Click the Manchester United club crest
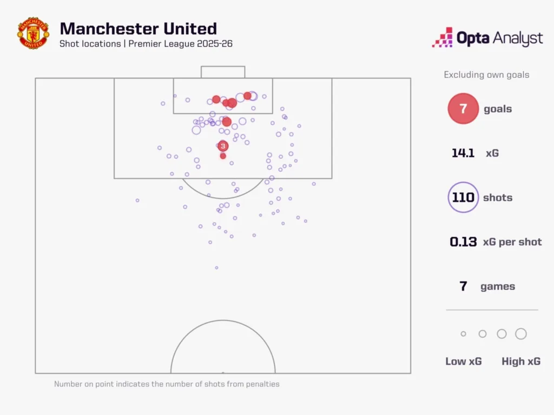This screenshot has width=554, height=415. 33,34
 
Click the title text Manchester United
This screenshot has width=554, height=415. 138,29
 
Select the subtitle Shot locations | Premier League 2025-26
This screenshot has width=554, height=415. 146,44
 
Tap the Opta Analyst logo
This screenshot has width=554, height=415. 487,38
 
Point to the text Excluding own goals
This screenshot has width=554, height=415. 486,75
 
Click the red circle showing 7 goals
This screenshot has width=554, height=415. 463,109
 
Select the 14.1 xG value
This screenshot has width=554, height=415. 463,153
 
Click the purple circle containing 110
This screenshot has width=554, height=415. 463,197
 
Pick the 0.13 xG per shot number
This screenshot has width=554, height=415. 463,242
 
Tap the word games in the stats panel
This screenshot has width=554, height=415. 498,286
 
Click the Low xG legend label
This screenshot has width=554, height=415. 463,362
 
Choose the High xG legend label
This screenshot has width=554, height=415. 520,362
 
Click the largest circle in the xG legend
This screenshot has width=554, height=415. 520,334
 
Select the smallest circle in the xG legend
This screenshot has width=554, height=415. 463,334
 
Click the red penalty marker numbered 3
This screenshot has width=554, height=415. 223,146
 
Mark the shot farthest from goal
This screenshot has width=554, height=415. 216,267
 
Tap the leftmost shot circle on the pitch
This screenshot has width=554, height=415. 137,200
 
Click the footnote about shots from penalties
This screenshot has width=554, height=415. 167,384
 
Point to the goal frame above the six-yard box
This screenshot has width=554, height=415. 223,72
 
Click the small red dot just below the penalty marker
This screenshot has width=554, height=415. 223,156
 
